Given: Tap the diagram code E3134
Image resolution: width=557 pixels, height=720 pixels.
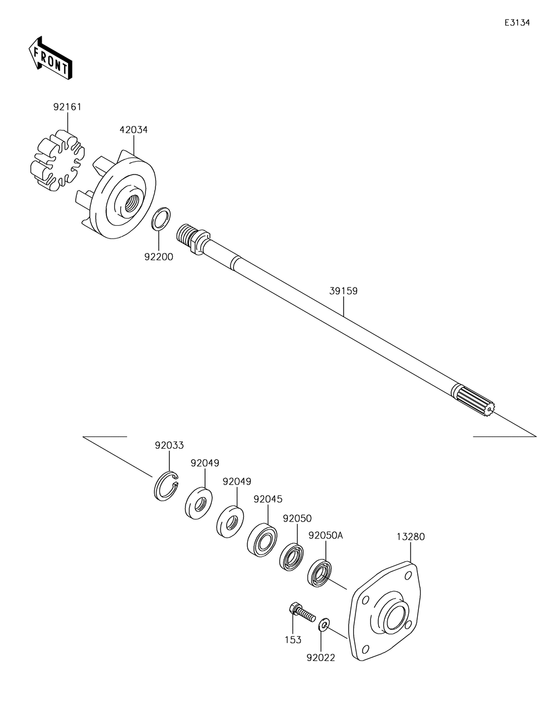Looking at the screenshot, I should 517,23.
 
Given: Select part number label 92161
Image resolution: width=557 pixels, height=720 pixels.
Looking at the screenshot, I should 67,107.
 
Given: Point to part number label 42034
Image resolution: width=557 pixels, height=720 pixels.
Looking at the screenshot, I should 134,130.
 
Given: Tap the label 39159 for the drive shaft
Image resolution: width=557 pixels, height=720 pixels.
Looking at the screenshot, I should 343,291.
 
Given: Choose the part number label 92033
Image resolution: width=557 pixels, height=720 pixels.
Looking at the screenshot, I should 169,445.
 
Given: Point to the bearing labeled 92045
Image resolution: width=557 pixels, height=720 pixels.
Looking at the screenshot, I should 262,538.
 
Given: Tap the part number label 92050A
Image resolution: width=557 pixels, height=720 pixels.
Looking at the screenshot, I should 326,536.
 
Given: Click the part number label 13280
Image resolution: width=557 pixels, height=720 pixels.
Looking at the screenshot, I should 411,537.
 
